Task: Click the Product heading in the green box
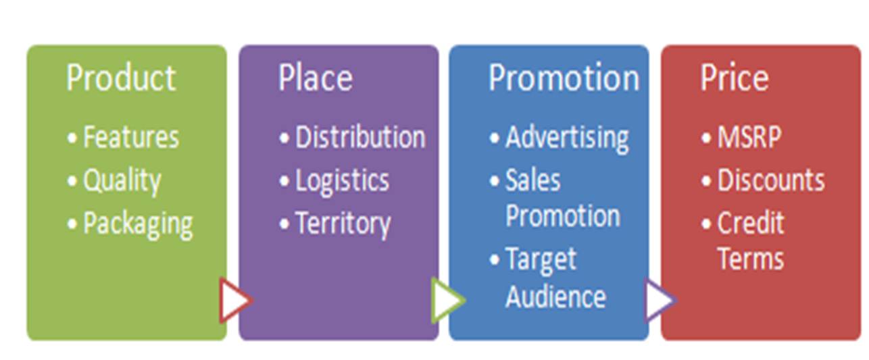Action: coord(121,78)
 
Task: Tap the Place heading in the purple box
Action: coord(316,78)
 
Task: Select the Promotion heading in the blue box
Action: coord(564,78)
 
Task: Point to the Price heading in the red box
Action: coord(735,78)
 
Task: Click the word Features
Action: coord(131,137)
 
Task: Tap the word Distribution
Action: coord(360,137)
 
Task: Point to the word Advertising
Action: coord(567,139)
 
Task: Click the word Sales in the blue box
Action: coord(533,180)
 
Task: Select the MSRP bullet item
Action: coord(749,137)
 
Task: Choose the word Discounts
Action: coord(771,180)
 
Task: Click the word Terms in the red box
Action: coord(751,259)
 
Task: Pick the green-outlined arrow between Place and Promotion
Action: coord(448,301)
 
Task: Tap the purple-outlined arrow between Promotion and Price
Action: coord(661,301)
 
